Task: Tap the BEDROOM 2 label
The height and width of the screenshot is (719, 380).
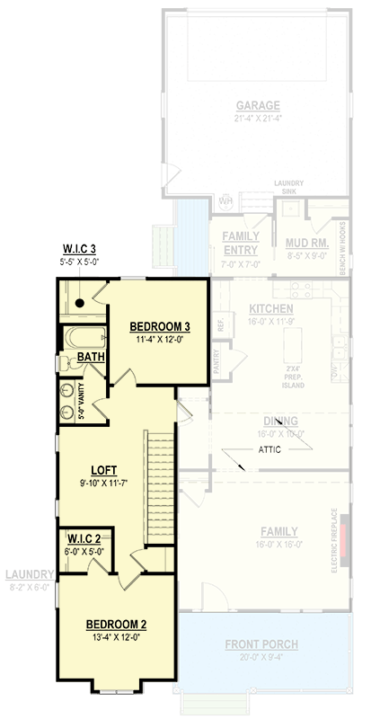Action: (x=117, y=625)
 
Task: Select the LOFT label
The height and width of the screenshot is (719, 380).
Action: (x=104, y=470)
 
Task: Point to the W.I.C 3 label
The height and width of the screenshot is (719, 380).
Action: (x=79, y=249)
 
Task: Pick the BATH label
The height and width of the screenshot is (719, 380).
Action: (x=90, y=357)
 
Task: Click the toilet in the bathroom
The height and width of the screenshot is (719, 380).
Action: (x=65, y=362)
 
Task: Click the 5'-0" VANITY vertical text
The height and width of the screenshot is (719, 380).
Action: (x=81, y=402)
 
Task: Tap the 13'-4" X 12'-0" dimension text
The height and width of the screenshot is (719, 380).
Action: (x=117, y=637)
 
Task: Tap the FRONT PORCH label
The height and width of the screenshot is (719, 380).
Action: (x=262, y=644)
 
